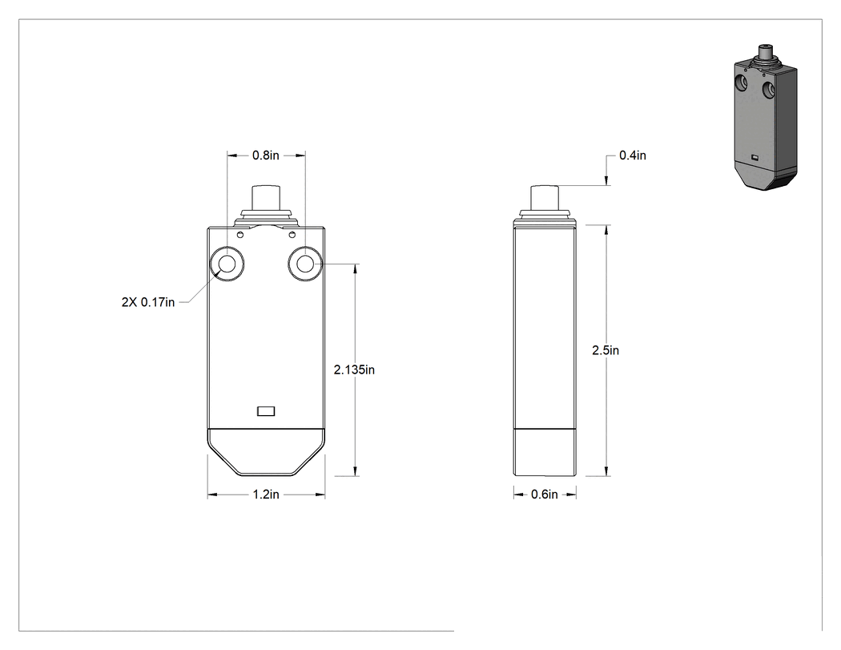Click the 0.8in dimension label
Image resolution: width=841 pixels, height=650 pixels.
[x=266, y=155]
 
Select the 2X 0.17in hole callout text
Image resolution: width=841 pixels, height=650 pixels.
[x=148, y=303]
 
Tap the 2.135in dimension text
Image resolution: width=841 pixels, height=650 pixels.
[x=354, y=369]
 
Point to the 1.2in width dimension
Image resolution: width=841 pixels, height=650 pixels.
[x=266, y=495]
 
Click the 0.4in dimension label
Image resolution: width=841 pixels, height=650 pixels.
[x=633, y=155]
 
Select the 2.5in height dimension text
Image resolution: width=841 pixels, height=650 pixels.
[x=606, y=350]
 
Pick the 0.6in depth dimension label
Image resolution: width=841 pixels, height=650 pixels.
[x=545, y=495]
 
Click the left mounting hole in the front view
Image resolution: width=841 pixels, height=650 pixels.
[x=227, y=264]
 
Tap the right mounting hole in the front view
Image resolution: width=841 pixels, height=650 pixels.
[x=305, y=264]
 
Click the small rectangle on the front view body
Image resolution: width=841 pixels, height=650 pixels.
[x=266, y=411]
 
